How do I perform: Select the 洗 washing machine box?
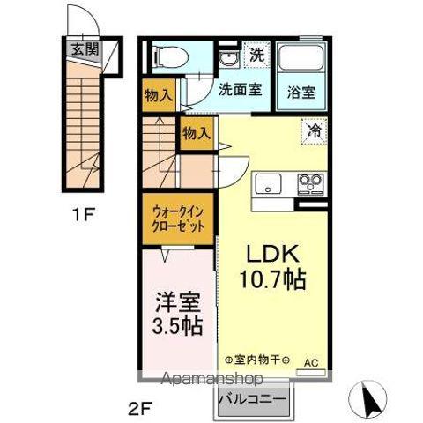[256, 55]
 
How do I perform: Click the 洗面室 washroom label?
[238, 89]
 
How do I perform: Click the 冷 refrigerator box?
[313, 130]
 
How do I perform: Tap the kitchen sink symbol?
[268, 184]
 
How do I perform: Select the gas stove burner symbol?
[309, 183]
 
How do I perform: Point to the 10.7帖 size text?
[274, 281]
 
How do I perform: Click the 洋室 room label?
[178, 301]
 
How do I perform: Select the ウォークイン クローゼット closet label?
[179, 219]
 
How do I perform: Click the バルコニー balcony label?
[253, 397]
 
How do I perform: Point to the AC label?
[312, 362]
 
